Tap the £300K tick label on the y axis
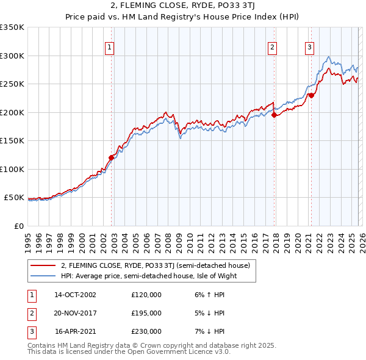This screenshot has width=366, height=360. pos(12,56)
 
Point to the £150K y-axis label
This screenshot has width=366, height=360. pos(12,141)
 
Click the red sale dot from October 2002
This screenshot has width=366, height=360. pos(112,157)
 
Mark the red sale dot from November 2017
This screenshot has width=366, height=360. pos(274,115)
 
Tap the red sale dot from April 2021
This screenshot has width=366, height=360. pos(311,95)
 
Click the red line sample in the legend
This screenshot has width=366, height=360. pos(44,265)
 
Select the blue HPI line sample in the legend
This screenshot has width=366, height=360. pos(44,276)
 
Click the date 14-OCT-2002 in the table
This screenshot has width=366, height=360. pos(75,295)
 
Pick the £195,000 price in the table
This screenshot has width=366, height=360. pos(146,313)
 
